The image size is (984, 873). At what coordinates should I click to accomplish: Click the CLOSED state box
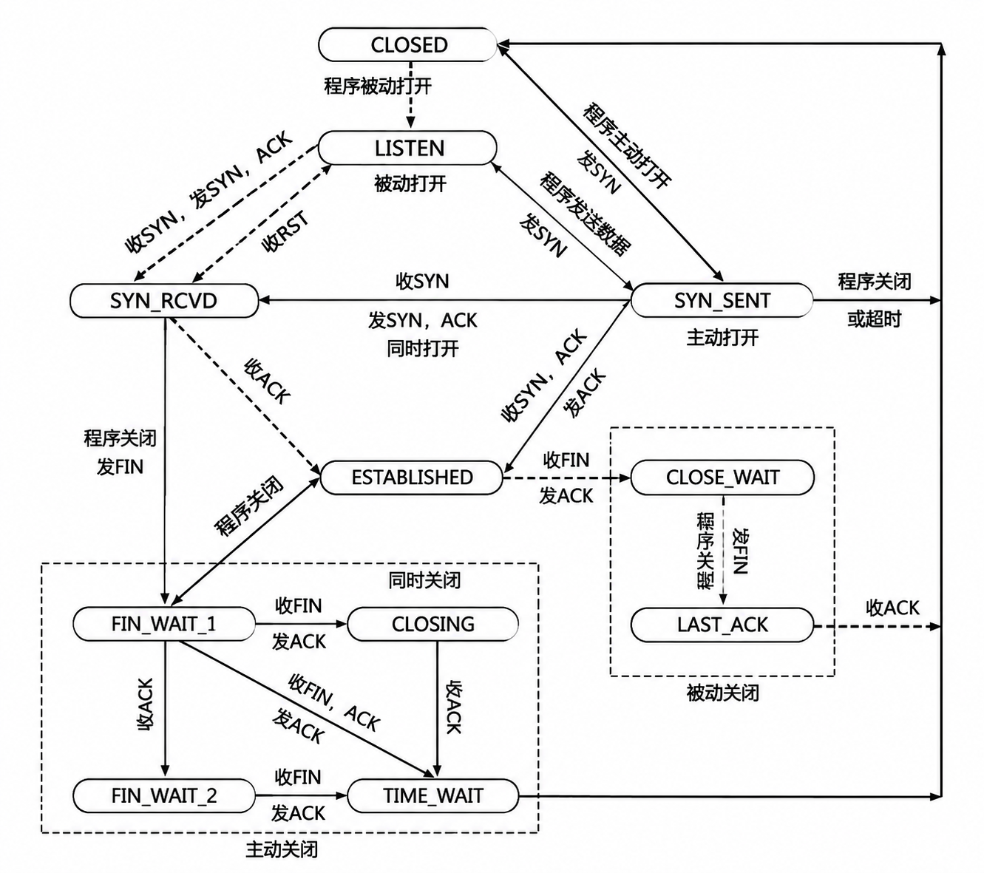click(x=407, y=44)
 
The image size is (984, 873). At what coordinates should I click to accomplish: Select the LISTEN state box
click(x=407, y=148)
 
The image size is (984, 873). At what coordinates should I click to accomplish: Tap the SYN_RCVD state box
click(x=164, y=301)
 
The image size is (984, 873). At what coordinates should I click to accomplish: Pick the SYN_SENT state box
click(x=722, y=301)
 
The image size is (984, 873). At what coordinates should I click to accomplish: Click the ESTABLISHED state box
click(x=411, y=478)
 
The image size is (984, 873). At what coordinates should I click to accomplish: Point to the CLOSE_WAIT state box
click(x=722, y=478)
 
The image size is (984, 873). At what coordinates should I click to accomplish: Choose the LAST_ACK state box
click(x=722, y=625)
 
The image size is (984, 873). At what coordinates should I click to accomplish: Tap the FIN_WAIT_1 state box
click(x=164, y=624)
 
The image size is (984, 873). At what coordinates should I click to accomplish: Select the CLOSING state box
click(x=432, y=624)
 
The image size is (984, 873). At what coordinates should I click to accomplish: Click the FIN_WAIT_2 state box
click(x=164, y=796)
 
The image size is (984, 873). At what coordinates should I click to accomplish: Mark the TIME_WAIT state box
click(x=432, y=796)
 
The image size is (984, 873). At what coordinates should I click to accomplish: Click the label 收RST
click(x=285, y=232)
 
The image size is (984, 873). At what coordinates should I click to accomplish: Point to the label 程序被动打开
click(x=378, y=86)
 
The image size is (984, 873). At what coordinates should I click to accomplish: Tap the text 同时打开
click(x=423, y=349)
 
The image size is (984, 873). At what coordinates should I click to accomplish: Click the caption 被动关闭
click(x=722, y=693)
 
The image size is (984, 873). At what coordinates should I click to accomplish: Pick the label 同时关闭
click(x=424, y=580)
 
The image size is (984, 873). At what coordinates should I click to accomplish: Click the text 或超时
click(x=875, y=319)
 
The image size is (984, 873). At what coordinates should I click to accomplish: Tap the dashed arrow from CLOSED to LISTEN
click(x=411, y=96)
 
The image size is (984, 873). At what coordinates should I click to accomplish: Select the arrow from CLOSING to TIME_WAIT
click(x=437, y=710)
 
